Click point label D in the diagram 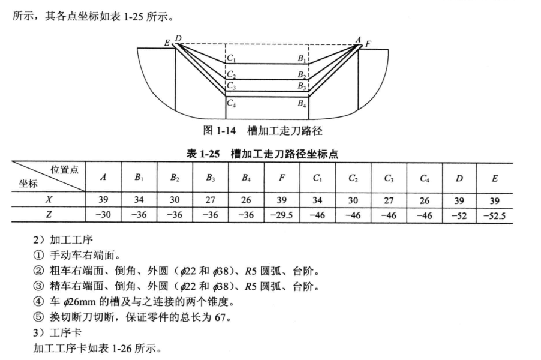pos(178,39)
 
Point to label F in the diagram pos(368,43)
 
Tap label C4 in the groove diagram pos(232,103)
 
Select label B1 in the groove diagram pos(302,59)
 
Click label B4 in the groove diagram pos(302,103)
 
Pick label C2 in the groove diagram pos(232,75)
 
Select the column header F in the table pos(282,178)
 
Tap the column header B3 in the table pos(210,178)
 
